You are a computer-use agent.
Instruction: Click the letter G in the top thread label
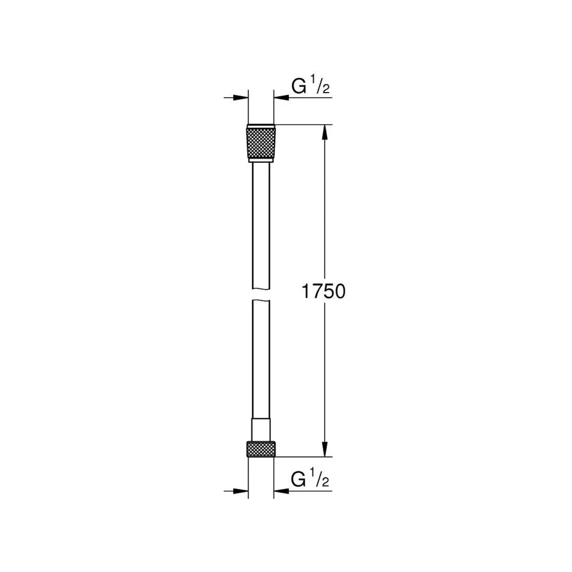point(299,87)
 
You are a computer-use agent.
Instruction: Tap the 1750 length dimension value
point(323,292)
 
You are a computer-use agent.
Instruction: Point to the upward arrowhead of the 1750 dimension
point(324,132)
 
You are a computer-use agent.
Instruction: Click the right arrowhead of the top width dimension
point(280,97)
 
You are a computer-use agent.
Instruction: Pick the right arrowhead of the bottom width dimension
point(280,490)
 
